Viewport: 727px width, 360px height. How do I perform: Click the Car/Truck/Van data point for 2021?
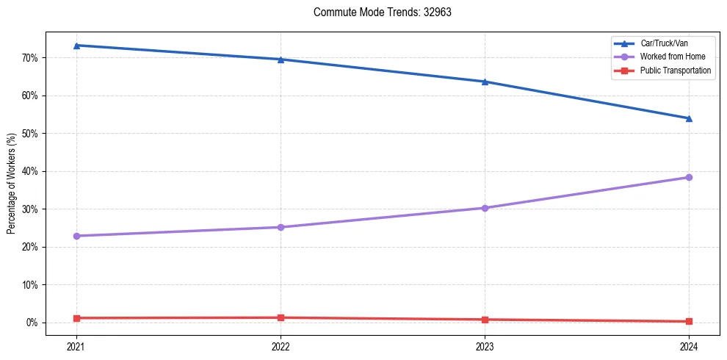[x=76, y=46]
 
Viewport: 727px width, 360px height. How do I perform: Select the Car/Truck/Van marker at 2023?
[x=485, y=82]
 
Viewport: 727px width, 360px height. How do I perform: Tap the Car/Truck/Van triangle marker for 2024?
[x=689, y=118]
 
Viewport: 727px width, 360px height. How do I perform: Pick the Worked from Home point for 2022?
[x=281, y=227]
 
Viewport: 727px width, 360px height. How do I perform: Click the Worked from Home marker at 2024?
[x=689, y=177]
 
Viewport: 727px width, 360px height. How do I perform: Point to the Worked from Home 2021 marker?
[x=76, y=236]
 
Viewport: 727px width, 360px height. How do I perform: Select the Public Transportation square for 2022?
[x=281, y=317]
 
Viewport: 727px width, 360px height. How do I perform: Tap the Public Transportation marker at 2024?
[x=689, y=321]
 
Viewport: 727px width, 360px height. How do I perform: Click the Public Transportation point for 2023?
[x=485, y=320]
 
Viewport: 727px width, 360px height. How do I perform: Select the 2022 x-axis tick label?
[x=281, y=346]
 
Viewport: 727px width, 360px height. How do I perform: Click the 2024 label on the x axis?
[x=689, y=346]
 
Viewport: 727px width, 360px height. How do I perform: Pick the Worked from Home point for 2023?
[x=485, y=208]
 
